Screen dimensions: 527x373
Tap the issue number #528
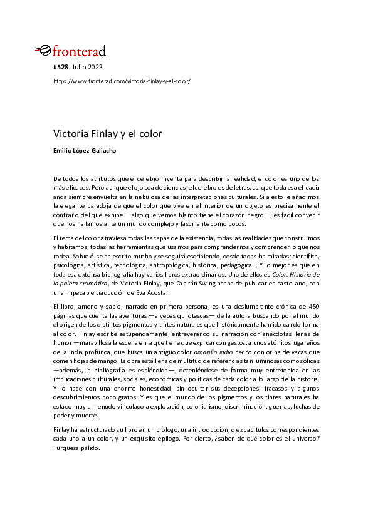coord(61,66)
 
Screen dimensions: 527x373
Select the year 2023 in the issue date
coord(95,66)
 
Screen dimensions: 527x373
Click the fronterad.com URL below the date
coord(122,81)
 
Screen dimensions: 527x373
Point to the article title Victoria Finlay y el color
coord(107,134)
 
